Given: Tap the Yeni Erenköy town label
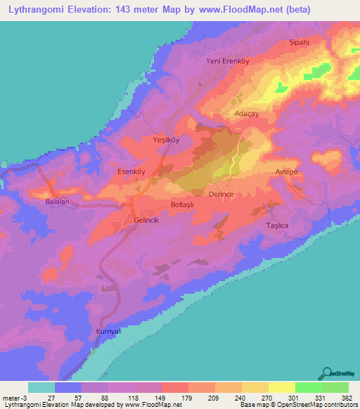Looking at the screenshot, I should coord(227,61).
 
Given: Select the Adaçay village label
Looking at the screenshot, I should coord(247,112).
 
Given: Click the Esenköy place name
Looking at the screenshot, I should coord(130,171).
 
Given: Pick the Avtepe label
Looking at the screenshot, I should coord(288,171).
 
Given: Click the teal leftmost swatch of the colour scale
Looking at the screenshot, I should coord(41,387).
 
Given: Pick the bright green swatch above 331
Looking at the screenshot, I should coord(308,387).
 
